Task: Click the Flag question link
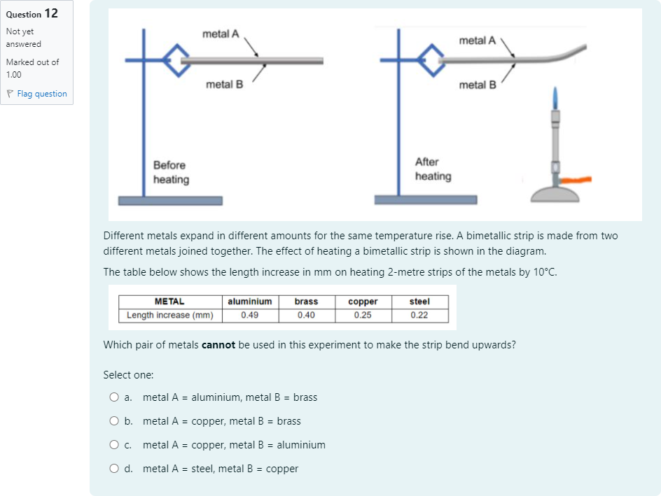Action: [x=36, y=94]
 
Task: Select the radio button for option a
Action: [x=114, y=397]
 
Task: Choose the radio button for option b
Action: [x=114, y=421]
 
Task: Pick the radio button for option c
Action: [x=114, y=445]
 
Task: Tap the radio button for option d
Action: [x=114, y=469]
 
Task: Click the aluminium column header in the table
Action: [x=250, y=302]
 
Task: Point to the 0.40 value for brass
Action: [x=307, y=315]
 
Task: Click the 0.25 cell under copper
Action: [x=363, y=315]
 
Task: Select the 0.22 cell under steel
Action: [x=419, y=315]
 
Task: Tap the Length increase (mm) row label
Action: [x=170, y=315]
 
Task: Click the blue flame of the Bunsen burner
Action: [x=555, y=98]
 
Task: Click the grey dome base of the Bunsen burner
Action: [x=555, y=194]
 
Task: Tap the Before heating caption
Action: [x=171, y=172]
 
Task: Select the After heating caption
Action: [x=433, y=169]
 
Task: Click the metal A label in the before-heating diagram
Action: [x=221, y=34]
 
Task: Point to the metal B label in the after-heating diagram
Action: [x=478, y=85]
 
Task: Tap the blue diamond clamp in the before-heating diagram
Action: [x=176, y=61]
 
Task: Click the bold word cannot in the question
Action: [x=218, y=345]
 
